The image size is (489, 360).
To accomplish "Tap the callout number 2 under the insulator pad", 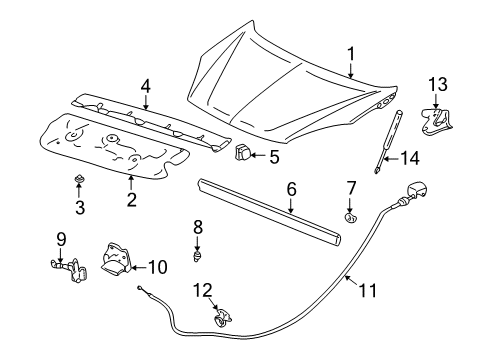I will (x=131, y=200).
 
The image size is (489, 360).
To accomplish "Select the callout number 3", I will (x=80, y=209).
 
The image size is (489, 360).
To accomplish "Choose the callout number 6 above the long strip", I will (x=291, y=187).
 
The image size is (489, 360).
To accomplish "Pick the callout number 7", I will (x=351, y=187).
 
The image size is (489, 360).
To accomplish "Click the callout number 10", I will (x=158, y=266).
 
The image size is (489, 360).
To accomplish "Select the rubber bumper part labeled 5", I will (x=243, y=153).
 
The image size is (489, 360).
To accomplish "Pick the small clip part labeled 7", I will (x=350, y=216).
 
